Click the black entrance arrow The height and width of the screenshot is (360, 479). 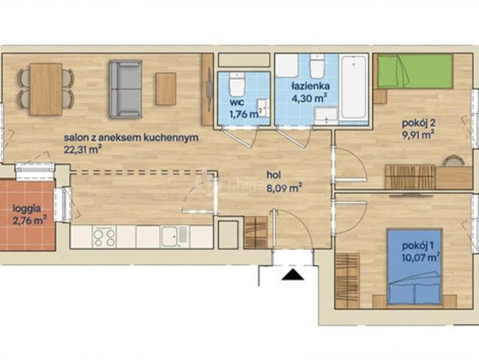292,274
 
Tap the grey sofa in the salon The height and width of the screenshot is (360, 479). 125,89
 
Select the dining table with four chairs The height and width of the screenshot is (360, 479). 46,89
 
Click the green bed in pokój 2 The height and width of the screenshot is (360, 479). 415,71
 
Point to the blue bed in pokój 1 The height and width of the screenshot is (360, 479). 415,266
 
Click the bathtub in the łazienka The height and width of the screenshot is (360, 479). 354,87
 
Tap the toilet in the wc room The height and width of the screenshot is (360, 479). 236,85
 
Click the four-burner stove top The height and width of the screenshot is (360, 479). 104,236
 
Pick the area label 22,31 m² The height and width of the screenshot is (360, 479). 82,149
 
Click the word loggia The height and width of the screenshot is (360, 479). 27,209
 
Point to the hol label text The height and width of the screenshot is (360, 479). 274,175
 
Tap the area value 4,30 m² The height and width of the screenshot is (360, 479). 309,98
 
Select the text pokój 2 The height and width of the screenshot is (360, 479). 418,123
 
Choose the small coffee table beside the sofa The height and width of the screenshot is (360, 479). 166,89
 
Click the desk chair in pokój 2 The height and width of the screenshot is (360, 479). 454,160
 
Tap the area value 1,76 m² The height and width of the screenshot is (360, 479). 246,114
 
